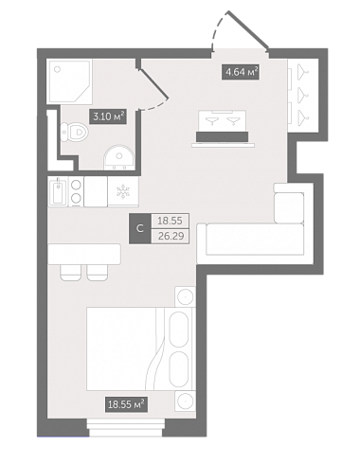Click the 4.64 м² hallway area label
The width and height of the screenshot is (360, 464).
[241, 72]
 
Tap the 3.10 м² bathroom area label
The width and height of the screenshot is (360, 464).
[108, 116]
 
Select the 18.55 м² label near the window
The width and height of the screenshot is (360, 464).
[126, 404]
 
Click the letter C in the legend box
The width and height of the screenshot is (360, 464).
[140, 228]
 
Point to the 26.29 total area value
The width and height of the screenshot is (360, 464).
[171, 236]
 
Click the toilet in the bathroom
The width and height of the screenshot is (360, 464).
[74, 133]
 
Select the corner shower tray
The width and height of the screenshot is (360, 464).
[69, 81]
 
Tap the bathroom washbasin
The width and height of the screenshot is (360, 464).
[119, 157]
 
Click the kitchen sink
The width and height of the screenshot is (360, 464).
[58, 191]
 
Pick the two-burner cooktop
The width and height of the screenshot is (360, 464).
[76, 191]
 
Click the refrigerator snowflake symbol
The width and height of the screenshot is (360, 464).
[121, 191]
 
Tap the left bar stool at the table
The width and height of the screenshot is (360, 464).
[71, 272]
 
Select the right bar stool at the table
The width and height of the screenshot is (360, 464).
[98, 272]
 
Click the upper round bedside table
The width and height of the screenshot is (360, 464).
[185, 296]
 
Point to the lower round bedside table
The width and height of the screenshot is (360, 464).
[185, 402]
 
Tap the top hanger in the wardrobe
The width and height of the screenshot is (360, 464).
[302, 70]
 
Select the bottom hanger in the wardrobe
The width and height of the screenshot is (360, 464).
[302, 116]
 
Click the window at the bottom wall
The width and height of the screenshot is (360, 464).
[126, 428]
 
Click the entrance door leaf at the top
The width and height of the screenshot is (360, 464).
[248, 30]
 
